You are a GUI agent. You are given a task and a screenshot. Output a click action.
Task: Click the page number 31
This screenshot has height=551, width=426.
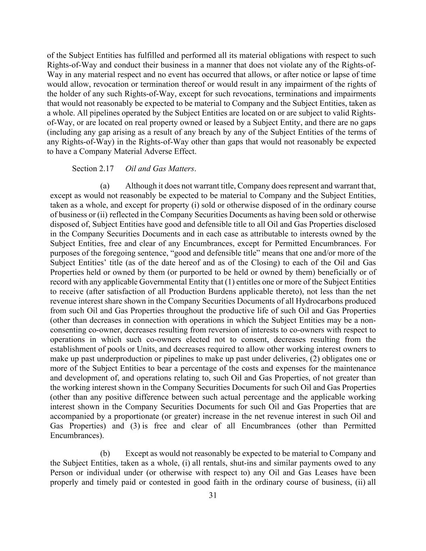coord(213,496)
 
